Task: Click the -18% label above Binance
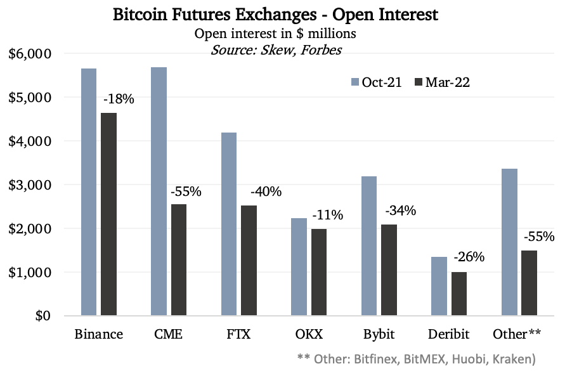pos(118,100)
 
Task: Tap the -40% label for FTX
pos(266,191)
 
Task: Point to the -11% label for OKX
pos(327,215)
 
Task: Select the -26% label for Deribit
pos(469,257)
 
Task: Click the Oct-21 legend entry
pos(376,82)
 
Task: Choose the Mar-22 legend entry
pos(443,82)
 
